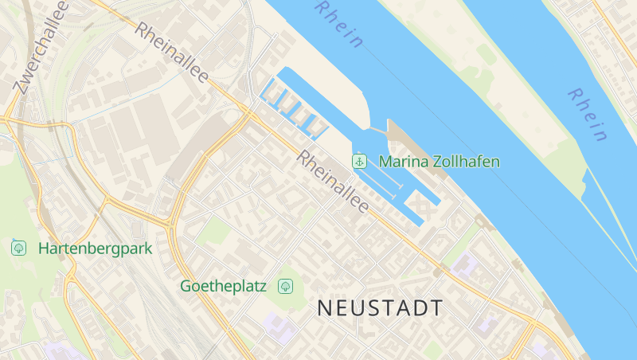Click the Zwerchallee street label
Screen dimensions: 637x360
click(x=41, y=47)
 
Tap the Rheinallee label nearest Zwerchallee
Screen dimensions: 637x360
click(x=171, y=53)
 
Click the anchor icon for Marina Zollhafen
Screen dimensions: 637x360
click(x=360, y=162)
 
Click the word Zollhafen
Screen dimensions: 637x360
click(x=464, y=162)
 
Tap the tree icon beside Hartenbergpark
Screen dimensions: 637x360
click(x=18, y=248)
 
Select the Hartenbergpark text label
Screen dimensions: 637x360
click(x=95, y=248)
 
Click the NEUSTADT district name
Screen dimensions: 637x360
click(x=380, y=308)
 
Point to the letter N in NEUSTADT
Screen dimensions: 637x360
click(x=326, y=308)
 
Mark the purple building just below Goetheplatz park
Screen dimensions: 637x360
click(x=279, y=325)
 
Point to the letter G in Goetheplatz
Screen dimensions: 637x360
click(x=186, y=285)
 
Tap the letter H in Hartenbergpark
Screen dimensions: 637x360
click(x=43, y=248)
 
